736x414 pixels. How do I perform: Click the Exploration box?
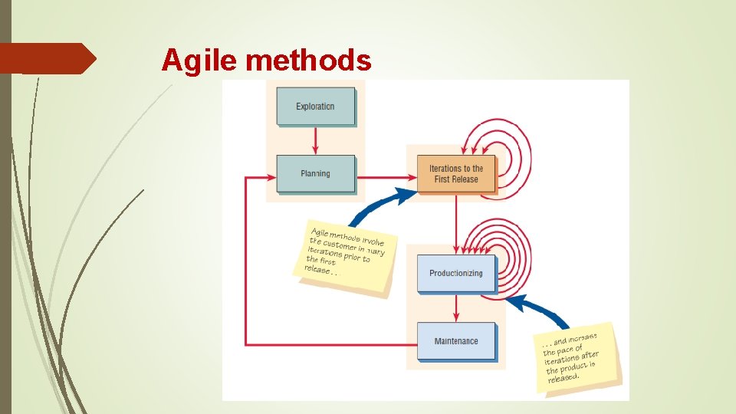[315, 107]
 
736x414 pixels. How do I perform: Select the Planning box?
[315, 174]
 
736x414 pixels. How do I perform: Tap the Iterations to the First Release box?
[456, 174]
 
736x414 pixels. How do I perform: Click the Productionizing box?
[456, 273]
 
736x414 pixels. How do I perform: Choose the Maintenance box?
[456, 341]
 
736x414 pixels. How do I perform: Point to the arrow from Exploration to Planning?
[315, 140]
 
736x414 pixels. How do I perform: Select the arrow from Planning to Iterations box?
[383, 178]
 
